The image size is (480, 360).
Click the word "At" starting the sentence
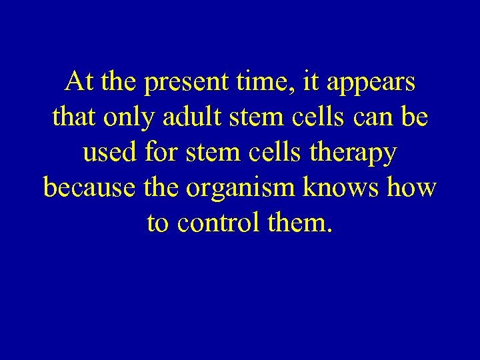pyautogui.click(x=79, y=83)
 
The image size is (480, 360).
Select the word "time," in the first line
pyautogui.click(x=273, y=83)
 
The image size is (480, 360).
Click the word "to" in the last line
pyautogui.click(x=157, y=223)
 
